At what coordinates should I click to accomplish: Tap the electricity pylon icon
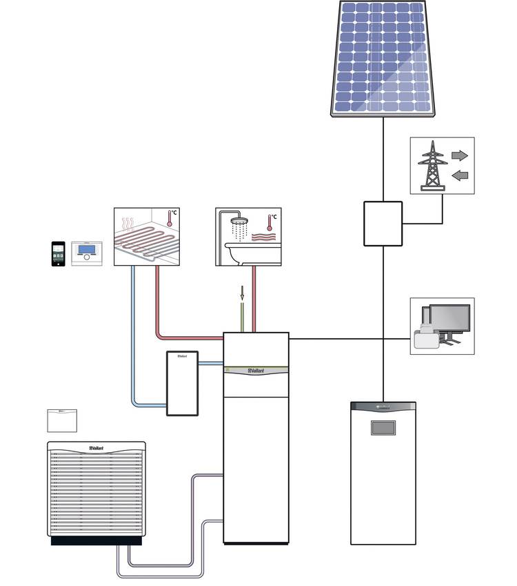432,165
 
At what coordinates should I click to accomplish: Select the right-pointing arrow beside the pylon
459,155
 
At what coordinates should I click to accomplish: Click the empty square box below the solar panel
383,223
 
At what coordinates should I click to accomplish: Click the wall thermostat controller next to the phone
87,253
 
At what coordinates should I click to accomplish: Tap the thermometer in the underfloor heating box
168,220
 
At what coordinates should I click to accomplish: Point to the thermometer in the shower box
269,224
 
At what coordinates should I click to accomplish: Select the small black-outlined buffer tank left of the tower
182,384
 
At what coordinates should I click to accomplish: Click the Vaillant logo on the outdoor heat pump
96,448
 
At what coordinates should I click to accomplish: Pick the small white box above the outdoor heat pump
61,420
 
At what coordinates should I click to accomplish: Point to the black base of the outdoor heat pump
97,540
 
